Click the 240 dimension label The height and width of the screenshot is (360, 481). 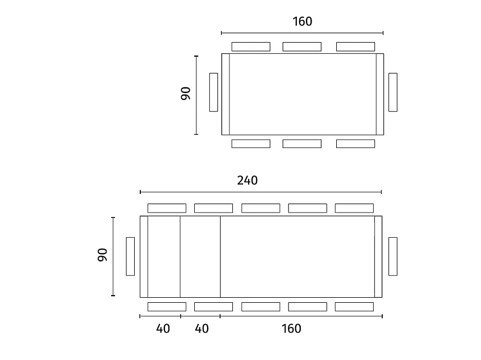(x=248, y=181)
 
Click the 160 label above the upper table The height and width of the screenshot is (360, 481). (x=302, y=21)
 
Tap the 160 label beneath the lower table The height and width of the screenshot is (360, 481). (x=291, y=329)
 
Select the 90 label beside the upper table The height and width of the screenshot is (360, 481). (x=186, y=94)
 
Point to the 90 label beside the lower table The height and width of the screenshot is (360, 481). (x=103, y=255)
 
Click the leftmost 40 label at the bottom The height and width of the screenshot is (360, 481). (x=163, y=329)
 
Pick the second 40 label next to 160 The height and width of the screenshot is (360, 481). (x=201, y=329)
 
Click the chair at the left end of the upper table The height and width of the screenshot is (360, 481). (x=213, y=92)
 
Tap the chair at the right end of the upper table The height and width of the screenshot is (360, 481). (x=393, y=92)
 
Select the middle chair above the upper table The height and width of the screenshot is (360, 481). (x=302, y=47)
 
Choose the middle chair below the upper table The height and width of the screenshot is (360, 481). (x=302, y=144)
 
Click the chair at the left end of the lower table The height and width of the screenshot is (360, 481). (x=130, y=256)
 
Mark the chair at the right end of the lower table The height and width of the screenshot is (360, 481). (x=393, y=256)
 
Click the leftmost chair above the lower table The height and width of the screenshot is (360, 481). (x=167, y=209)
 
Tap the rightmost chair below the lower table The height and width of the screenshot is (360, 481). (x=354, y=307)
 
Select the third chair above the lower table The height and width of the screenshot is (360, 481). (x=261, y=209)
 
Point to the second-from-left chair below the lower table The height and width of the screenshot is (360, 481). (x=213, y=307)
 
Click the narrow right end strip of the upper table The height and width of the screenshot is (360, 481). (x=380, y=94)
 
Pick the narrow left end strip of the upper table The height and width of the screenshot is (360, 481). (x=226, y=94)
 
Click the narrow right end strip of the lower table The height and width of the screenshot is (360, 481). (x=378, y=257)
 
